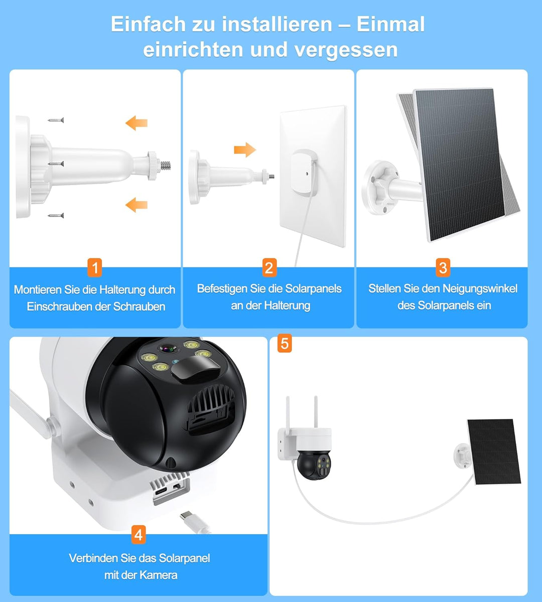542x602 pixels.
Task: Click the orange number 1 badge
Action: point(94,267)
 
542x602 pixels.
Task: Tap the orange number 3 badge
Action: point(442,267)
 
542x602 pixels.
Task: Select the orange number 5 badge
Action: point(285,344)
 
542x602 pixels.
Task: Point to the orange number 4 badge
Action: point(139,535)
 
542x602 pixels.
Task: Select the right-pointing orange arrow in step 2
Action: point(245,149)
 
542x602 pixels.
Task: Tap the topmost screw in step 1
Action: point(56,120)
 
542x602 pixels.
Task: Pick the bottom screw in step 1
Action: point(56,215)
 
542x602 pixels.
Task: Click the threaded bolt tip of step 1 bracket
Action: point(167,165)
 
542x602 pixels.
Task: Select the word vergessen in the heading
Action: point(346,50)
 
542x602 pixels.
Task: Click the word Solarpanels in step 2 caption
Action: point(313,288)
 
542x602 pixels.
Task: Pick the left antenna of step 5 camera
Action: point(289,411)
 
